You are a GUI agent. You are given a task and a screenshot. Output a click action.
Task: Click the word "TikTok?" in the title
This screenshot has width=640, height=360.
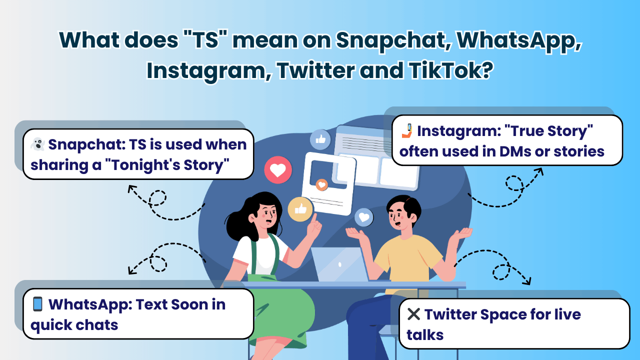[450, 70]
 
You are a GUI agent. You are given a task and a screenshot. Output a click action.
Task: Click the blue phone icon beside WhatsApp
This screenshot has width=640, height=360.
[37, 303]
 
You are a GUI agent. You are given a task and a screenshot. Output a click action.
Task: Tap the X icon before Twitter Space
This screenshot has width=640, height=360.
[413, 314]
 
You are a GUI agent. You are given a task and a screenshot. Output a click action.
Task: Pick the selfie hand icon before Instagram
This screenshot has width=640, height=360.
[407, 130]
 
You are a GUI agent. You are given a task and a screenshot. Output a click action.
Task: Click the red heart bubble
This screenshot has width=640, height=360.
[278, 170]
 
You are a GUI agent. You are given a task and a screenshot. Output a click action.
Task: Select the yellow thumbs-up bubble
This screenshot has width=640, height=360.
[300, 209]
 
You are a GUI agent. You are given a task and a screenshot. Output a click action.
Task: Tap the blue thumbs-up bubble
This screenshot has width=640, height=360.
[320, 139]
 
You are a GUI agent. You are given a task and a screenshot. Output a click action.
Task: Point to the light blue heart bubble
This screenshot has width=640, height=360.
[364, 217]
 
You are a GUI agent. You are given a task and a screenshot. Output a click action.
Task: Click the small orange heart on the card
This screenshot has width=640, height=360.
[321, 185]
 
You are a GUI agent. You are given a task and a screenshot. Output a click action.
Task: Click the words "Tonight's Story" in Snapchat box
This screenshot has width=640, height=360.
[170, 165]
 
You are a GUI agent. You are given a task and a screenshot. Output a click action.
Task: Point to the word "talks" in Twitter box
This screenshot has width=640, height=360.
[425, 335]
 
